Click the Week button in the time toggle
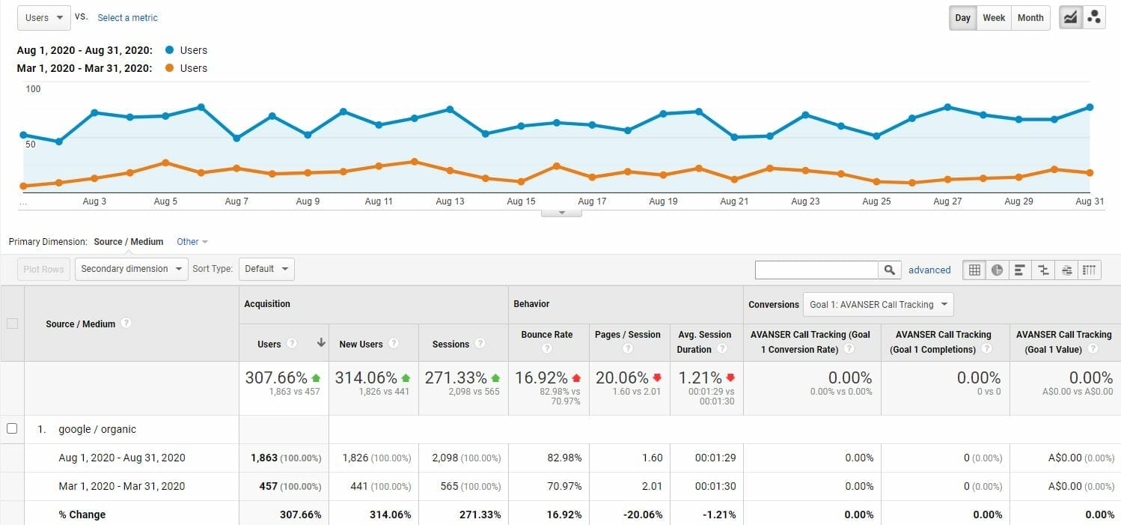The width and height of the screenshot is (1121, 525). (x=994, y=18)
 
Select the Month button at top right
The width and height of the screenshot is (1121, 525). (x=1030, y=18)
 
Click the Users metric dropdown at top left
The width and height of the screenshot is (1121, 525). (x=44, y=18)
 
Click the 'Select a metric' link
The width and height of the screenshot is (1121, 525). (x=127, y=18)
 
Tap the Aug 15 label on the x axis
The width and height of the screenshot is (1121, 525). (x=521, y=201)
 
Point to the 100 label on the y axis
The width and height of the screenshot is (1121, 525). (x=33, y=89)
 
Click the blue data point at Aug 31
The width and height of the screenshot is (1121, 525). (x=1090, y=107)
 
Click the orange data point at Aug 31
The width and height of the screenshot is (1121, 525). (x=1090, y=173)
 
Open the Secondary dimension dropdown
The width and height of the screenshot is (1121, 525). (x=131, y=269)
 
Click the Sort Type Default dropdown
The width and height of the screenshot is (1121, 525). (x=266, y=269)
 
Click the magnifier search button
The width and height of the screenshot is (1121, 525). (x=889, y=270)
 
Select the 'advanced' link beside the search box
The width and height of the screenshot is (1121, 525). (x=929, y=270)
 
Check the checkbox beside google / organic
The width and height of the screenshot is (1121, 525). (x=12, y=429)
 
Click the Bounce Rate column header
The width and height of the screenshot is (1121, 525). (x=547, y=335)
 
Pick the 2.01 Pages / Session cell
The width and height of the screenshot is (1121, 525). (x=652, y=486)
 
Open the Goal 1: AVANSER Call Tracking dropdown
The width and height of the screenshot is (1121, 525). (x=878, y=305)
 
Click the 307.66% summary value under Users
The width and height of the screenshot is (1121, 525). (x=276, y=378)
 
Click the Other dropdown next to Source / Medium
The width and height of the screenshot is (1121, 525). (x=192, y=242)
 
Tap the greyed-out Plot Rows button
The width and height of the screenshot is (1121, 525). (x=43, y=269)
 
